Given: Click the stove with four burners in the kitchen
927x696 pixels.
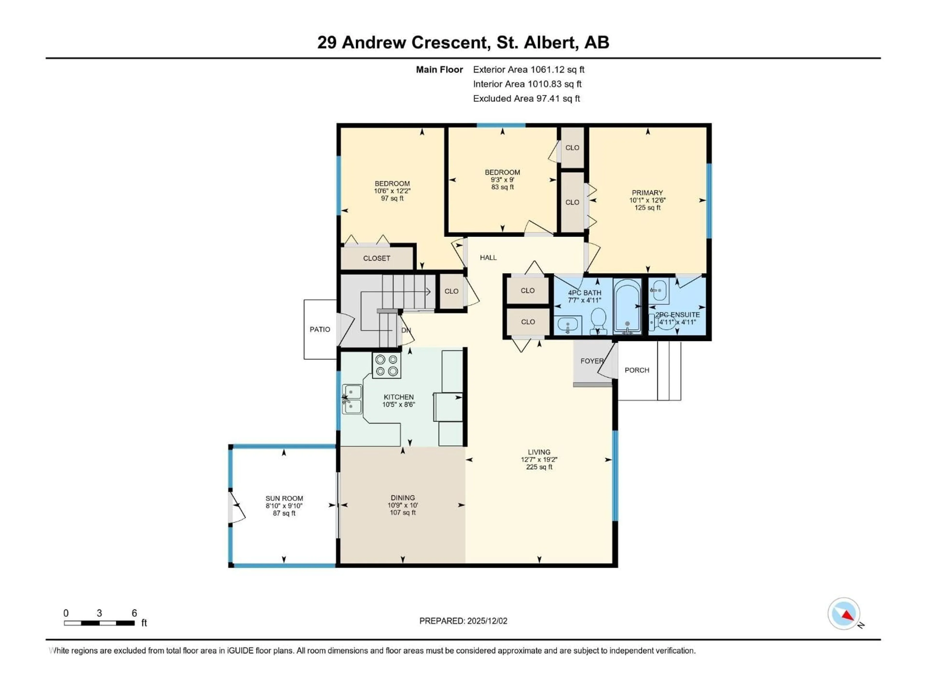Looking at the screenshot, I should [386, 365].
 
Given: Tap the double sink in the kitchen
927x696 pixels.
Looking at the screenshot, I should [352, 399].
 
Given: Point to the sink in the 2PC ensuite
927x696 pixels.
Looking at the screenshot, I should [659, 290].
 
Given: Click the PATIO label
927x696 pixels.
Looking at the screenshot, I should [320, 329].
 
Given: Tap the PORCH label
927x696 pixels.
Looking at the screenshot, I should [637, 370].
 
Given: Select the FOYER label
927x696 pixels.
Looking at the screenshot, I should [591, 361].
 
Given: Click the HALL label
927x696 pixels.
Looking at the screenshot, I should [488, 258].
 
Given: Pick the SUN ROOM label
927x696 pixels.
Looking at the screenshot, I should [284, 498].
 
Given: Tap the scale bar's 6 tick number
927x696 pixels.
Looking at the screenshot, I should [134, 613].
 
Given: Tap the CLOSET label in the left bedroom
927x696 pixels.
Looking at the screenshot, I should [376, 258].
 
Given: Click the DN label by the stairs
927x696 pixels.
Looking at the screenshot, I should [406, 330].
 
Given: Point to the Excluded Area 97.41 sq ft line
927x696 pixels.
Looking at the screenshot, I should [526, 99].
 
